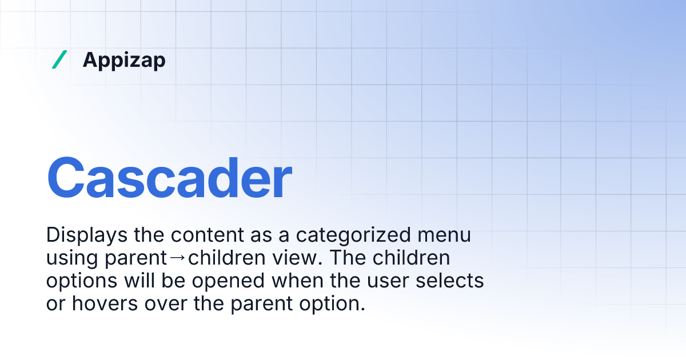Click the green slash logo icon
pos(59,59)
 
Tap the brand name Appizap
pos(124,59)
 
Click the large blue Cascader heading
pos(169,178)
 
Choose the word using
pos(72,258)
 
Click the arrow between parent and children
pos(178,258)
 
